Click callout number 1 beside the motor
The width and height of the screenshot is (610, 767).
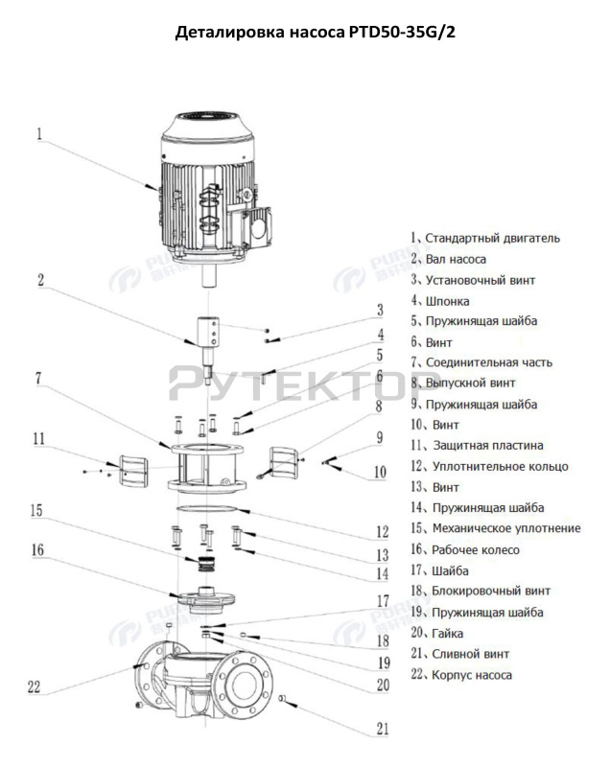40,134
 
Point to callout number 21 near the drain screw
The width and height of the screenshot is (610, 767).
382,728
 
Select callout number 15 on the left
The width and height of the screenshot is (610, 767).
36,511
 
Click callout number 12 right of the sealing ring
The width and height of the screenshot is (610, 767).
382,530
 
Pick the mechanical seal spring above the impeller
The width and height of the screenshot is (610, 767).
204,556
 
